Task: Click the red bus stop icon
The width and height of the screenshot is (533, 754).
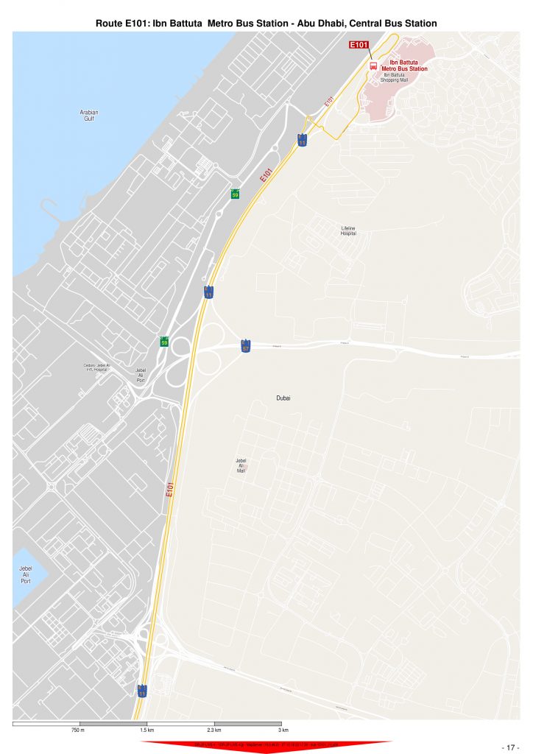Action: pos(373,66)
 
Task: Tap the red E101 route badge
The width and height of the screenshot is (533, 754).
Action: pos(359,45)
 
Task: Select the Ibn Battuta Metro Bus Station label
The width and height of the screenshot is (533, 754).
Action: pos(403,66)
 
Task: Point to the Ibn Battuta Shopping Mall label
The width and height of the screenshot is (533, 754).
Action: pos(394,77)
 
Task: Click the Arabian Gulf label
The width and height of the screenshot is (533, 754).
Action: pos(89,115)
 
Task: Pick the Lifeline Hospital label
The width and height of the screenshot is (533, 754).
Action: pos(348,230)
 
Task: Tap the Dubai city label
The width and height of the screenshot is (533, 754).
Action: pos(283,398)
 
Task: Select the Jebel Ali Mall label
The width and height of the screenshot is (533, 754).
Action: pos(241,465)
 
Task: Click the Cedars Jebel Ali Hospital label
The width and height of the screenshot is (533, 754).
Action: pos(96,367)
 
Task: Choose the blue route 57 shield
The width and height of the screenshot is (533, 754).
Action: pos(246,346)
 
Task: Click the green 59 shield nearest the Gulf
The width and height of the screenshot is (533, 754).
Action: pos(235,194)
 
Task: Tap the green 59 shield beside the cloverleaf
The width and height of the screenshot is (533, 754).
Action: pos(164,342)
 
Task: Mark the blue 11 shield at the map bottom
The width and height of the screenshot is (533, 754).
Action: pos(141,691)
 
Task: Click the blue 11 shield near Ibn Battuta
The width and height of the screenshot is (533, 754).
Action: pos(302,139)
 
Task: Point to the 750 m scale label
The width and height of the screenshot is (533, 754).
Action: pos(78,730)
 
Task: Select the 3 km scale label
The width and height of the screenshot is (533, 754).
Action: pos(283,730)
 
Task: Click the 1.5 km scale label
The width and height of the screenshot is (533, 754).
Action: pos(147,730)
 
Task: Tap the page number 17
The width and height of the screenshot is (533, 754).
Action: pos(511,747)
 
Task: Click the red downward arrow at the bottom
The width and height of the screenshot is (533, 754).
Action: pos(266,747)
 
